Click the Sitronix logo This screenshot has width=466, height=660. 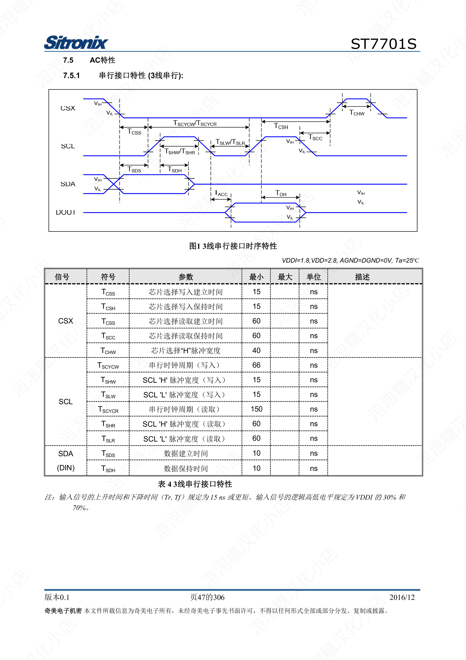[x=76, y=43]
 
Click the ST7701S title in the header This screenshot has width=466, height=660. [x=384, y=44]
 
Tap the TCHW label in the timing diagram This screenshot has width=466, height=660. [x=357, y=113]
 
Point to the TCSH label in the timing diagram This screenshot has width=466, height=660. [x=281, y=126]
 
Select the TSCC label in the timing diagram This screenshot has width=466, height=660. [x=315, y=137]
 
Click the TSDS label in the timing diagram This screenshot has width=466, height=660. [x=134, y=170]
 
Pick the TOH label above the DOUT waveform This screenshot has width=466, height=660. [x=281, y=193]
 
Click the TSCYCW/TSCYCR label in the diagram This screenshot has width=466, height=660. [x=195, y=123]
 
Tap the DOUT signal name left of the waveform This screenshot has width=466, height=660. [x=66, y=212]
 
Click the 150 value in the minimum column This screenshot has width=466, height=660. [x=256, y=409]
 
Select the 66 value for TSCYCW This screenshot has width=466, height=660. [x=256, y=365]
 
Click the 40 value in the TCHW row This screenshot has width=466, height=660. [x=256, y=350]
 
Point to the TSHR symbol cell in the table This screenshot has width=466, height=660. [x=108, y=424]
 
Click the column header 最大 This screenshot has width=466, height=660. [x=285, y=277]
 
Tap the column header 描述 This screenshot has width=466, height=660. [x=362, y=277]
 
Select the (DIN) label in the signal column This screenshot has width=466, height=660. [x=66, y=468]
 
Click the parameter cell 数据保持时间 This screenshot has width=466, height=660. [x=186, y=468]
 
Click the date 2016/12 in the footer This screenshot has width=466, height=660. [x=402, y=597]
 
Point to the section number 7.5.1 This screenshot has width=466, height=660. [x=71, y=76]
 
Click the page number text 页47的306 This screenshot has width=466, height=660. [x=207, y=597]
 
